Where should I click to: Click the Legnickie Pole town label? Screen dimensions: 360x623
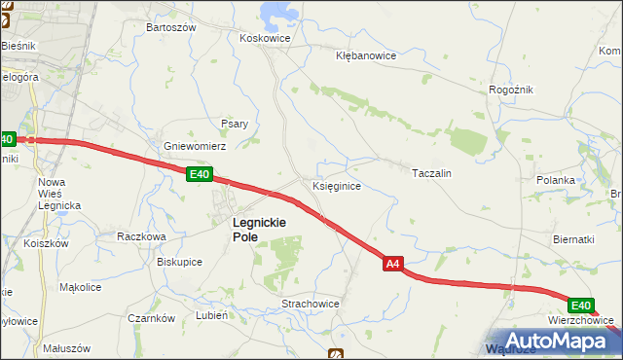258,229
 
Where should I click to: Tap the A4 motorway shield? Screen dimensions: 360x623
392,263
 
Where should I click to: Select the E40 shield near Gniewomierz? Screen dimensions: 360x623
199,174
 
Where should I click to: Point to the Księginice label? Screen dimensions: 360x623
338,185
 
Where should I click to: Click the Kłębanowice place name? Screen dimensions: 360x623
365,55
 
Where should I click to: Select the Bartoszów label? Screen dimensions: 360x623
170,27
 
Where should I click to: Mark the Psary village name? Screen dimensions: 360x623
235,124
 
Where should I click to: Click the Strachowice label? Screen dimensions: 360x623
311,304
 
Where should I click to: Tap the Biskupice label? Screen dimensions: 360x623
179,261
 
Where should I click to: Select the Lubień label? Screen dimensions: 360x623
211,316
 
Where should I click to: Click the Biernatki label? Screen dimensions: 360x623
572,239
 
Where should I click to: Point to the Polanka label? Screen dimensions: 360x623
556,181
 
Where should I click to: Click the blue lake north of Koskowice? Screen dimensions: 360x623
278,13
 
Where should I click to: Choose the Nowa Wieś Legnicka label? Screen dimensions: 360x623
58,194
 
